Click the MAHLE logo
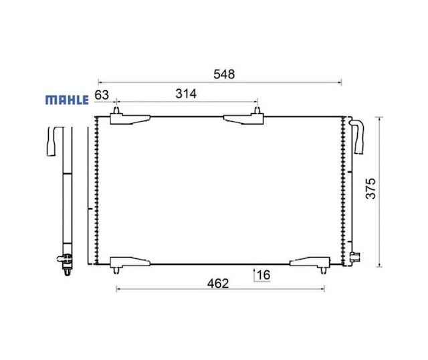(x=67, y=100)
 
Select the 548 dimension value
(x=224, y=74)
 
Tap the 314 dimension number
(x=186, y=94)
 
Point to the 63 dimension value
(x=102, y=95)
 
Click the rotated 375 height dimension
(x=370, y=189)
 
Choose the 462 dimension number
(x=218, y=284)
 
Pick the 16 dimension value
(x=263, y=275)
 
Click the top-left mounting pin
(x=116, y=110)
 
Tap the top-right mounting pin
(x=257, y=110)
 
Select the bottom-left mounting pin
(x=116, y=270)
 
